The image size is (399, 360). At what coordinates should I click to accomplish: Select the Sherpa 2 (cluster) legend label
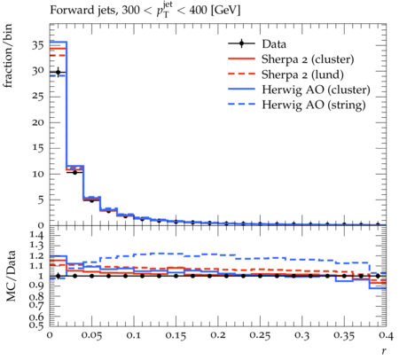point(308,59)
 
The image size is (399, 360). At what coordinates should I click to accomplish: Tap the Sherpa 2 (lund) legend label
point(302,74)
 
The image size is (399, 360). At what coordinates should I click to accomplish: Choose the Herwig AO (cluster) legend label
point(316,90)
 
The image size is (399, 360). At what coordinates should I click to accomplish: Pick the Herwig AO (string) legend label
point(314,105)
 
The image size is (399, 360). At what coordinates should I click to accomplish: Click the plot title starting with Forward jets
point(145,11)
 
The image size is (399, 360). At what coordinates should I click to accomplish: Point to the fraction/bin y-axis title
point(8,56)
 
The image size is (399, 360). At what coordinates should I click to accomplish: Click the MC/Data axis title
point(10,276)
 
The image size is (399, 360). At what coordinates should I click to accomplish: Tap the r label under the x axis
point(384,351)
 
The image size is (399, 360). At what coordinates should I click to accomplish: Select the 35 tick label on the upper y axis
point(38,46)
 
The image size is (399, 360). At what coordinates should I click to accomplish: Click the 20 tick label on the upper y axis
point(38,122)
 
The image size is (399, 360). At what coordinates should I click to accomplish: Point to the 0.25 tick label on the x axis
point(260,335)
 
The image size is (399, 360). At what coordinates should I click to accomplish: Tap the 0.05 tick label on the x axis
point(91,335)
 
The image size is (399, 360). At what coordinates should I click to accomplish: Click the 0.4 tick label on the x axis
point(386,335)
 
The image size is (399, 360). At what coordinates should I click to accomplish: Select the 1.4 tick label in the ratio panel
point(37,235)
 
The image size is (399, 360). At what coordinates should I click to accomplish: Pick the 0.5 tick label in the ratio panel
point(37,325)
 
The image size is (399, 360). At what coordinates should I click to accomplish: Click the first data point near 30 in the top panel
point(59,72)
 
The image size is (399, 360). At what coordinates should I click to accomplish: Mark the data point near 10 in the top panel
point(74,172)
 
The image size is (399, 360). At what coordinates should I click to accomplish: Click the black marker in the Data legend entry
point(241,43)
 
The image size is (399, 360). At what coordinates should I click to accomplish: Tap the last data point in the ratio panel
point(378,276)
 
